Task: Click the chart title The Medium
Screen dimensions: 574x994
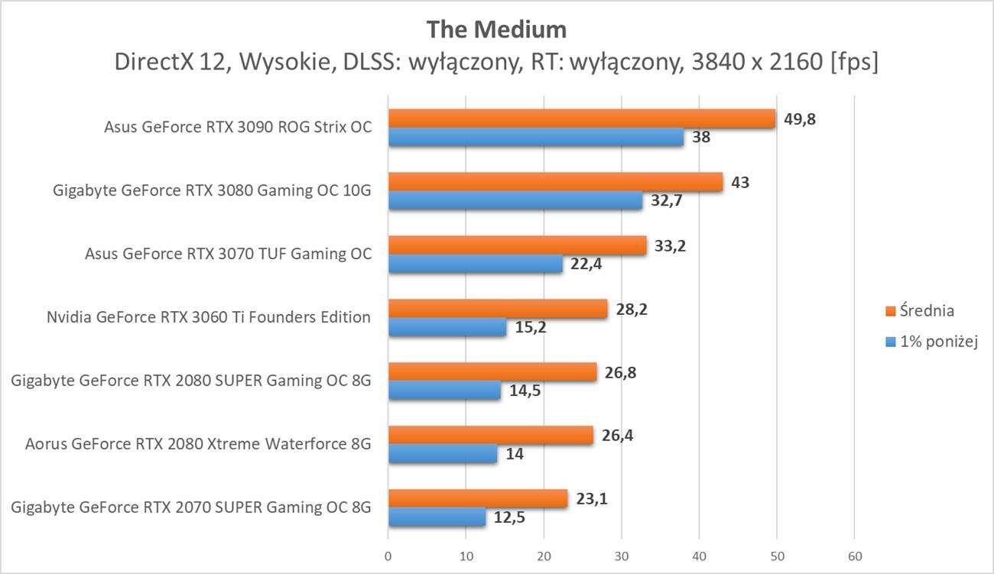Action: tap(496, 29)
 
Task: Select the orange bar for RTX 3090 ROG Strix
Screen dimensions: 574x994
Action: tap(581, 118)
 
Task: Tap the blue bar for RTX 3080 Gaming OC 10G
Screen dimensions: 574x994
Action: tap(515, 200)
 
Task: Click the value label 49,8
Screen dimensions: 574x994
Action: tap(800, 118)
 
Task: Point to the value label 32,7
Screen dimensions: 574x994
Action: tap(666, 201)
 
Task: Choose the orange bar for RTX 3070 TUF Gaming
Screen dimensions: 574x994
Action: tap(517, 245)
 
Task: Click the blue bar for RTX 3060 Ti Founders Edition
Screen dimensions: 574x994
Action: tap(447, 327)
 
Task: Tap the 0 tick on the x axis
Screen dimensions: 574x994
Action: tap(388, 555)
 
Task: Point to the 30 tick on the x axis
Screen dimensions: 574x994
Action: tap(621, 555)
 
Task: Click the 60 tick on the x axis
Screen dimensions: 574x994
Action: tap(854, 555)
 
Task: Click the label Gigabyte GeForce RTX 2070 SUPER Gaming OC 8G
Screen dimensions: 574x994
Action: tap(191, 507)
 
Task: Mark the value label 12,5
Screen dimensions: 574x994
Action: tap(509, 517)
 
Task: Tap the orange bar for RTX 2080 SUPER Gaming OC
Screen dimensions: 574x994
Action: tap(492, 371)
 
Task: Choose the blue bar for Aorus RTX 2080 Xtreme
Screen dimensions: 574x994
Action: tap(443, 454)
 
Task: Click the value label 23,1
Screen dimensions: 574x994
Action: tap(593, 498)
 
